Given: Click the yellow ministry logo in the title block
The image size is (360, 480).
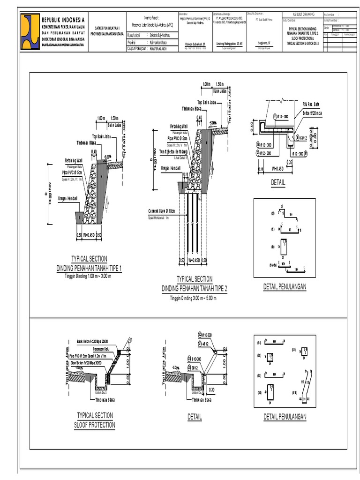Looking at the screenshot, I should tap(30, 31).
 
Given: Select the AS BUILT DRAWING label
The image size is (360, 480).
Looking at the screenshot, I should tap(303, 15).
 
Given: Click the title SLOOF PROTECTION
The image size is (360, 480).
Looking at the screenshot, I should tap(94, 425).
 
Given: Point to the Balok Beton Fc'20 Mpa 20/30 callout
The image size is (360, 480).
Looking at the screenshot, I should tap(95, 341).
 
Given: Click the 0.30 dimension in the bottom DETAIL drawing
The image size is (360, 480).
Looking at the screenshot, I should tap(211, 389).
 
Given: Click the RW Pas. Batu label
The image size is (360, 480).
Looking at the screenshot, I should tap(310, 104).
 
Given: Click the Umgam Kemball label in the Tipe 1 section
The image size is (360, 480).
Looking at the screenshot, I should tap(67, 199).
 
